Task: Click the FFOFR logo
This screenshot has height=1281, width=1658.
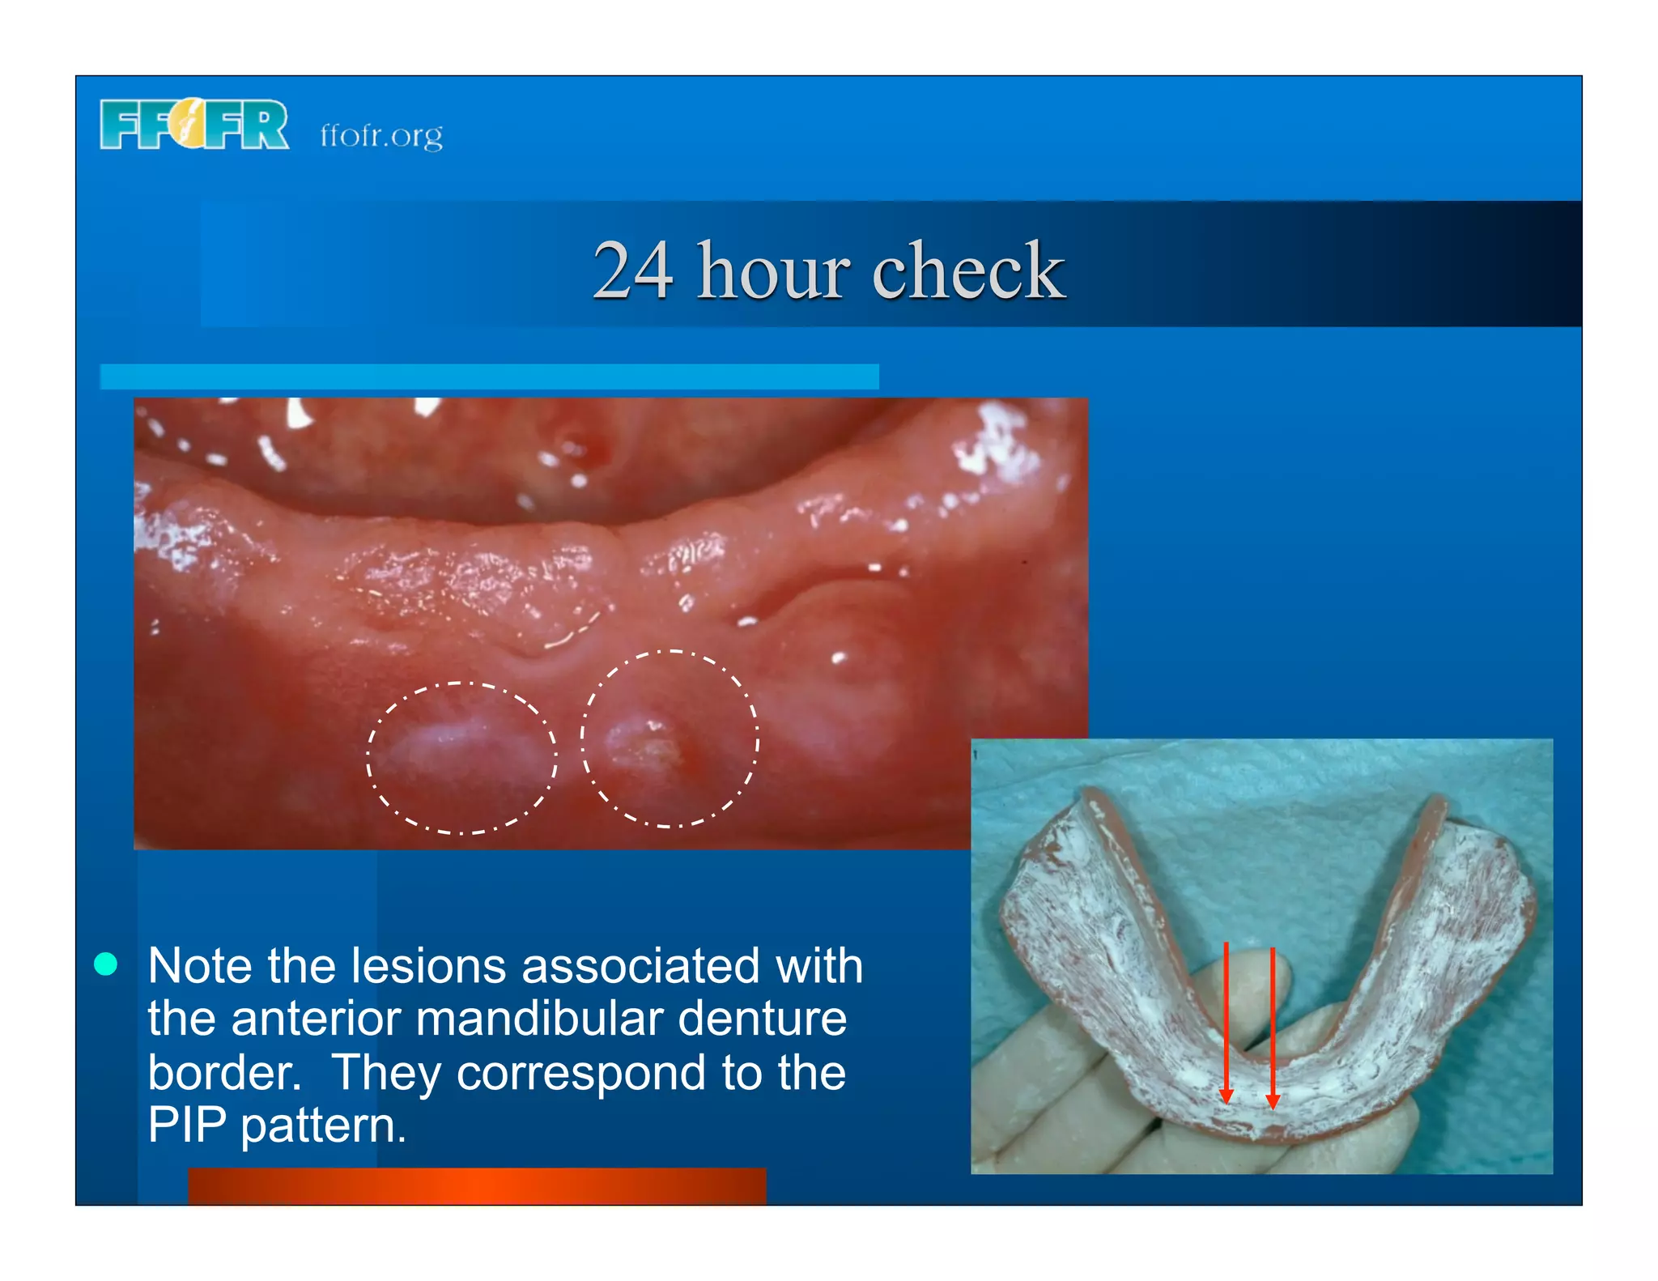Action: coord(193,125)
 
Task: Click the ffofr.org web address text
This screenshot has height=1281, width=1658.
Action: coord(381,135)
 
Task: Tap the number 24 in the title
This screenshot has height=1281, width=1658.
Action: coord(632,270)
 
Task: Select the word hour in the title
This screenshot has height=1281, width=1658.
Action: coord(773,270)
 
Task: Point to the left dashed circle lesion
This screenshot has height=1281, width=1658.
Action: coord(461,758)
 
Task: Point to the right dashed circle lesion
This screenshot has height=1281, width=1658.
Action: coord(670,738)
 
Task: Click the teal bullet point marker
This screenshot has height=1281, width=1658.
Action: coord(106,964)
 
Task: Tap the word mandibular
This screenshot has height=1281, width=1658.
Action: coord(539,1019)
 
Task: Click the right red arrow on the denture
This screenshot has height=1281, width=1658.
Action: coord(1273,1027)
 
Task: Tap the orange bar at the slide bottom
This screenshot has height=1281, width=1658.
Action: coord(476,1186)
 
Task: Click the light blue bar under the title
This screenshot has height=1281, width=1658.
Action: coord(489,377)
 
